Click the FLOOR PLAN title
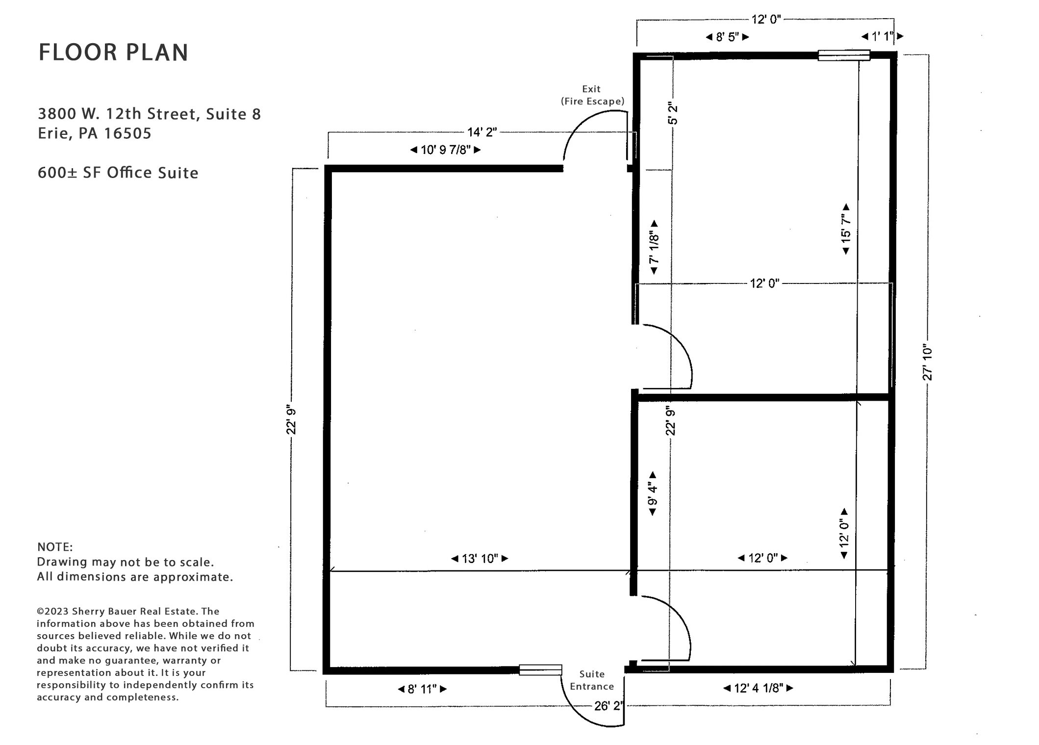tap(113, 52)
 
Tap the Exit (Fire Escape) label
tap(592, 95)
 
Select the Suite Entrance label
tap(592, 680)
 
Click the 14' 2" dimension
tap(482, 132)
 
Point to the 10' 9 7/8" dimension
tap(446, 150)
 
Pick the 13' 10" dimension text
tap(480, 559)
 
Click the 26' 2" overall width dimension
tap(608, 706)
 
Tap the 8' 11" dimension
tap(422, 689)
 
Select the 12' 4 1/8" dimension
tap(758, 688)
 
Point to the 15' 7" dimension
tap(846, 229)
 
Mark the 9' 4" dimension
tap(653, 494)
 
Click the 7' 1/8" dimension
tap(654, 247)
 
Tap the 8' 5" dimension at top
tap(727, 37)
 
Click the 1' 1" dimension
tap(883, 36)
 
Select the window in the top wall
tap(843, 55)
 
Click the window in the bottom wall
tap(540, 670)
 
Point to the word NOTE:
tap(55, 547)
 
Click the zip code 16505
tap(128, 133)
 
